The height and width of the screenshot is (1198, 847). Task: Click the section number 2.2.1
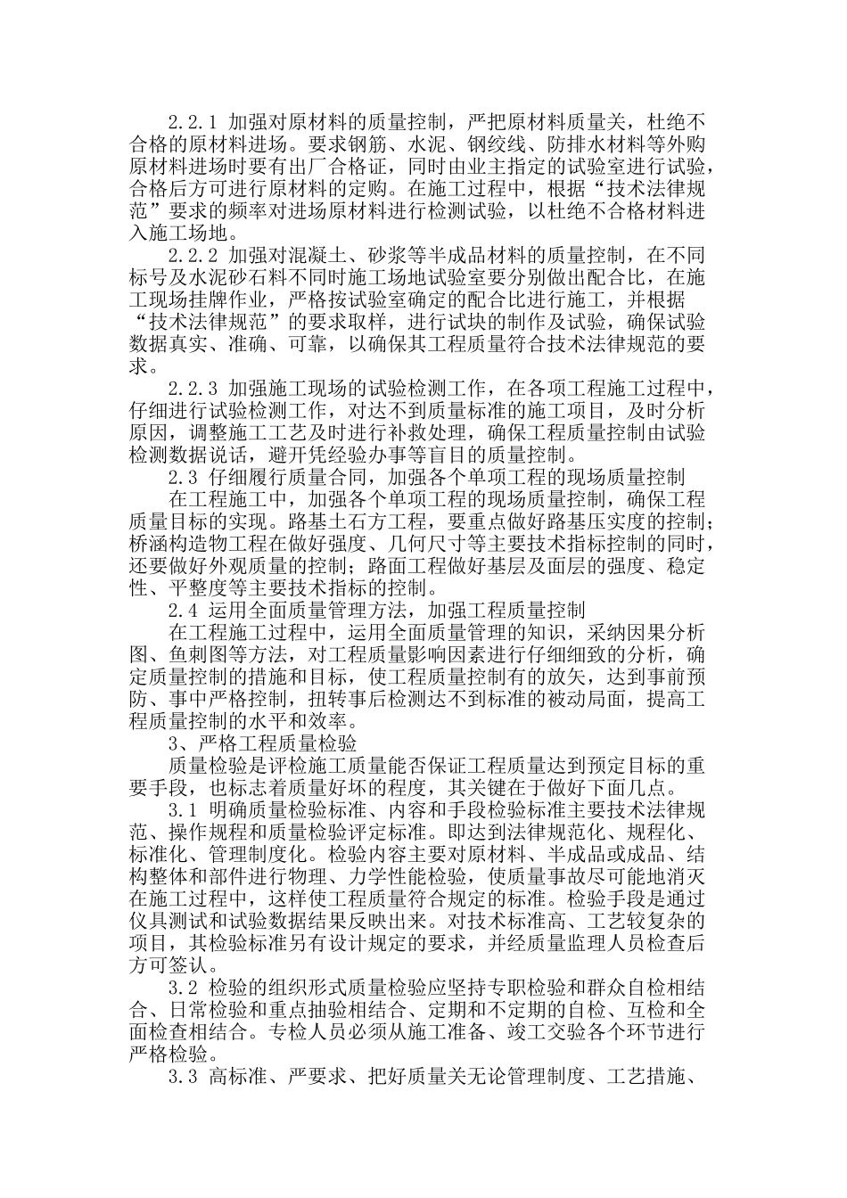point(193,120)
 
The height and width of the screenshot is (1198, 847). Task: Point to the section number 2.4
point(183,611)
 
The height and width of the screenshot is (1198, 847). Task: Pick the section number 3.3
point(183,1079)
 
